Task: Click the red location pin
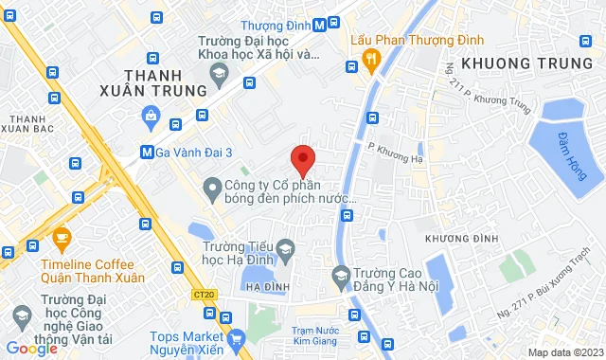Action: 302,160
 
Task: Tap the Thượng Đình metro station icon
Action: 322,26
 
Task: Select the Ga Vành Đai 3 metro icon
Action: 146,152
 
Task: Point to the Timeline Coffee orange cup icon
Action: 62,236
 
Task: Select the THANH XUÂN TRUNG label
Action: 166,82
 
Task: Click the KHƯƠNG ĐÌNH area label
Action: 460,237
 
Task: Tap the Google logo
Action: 31,348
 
